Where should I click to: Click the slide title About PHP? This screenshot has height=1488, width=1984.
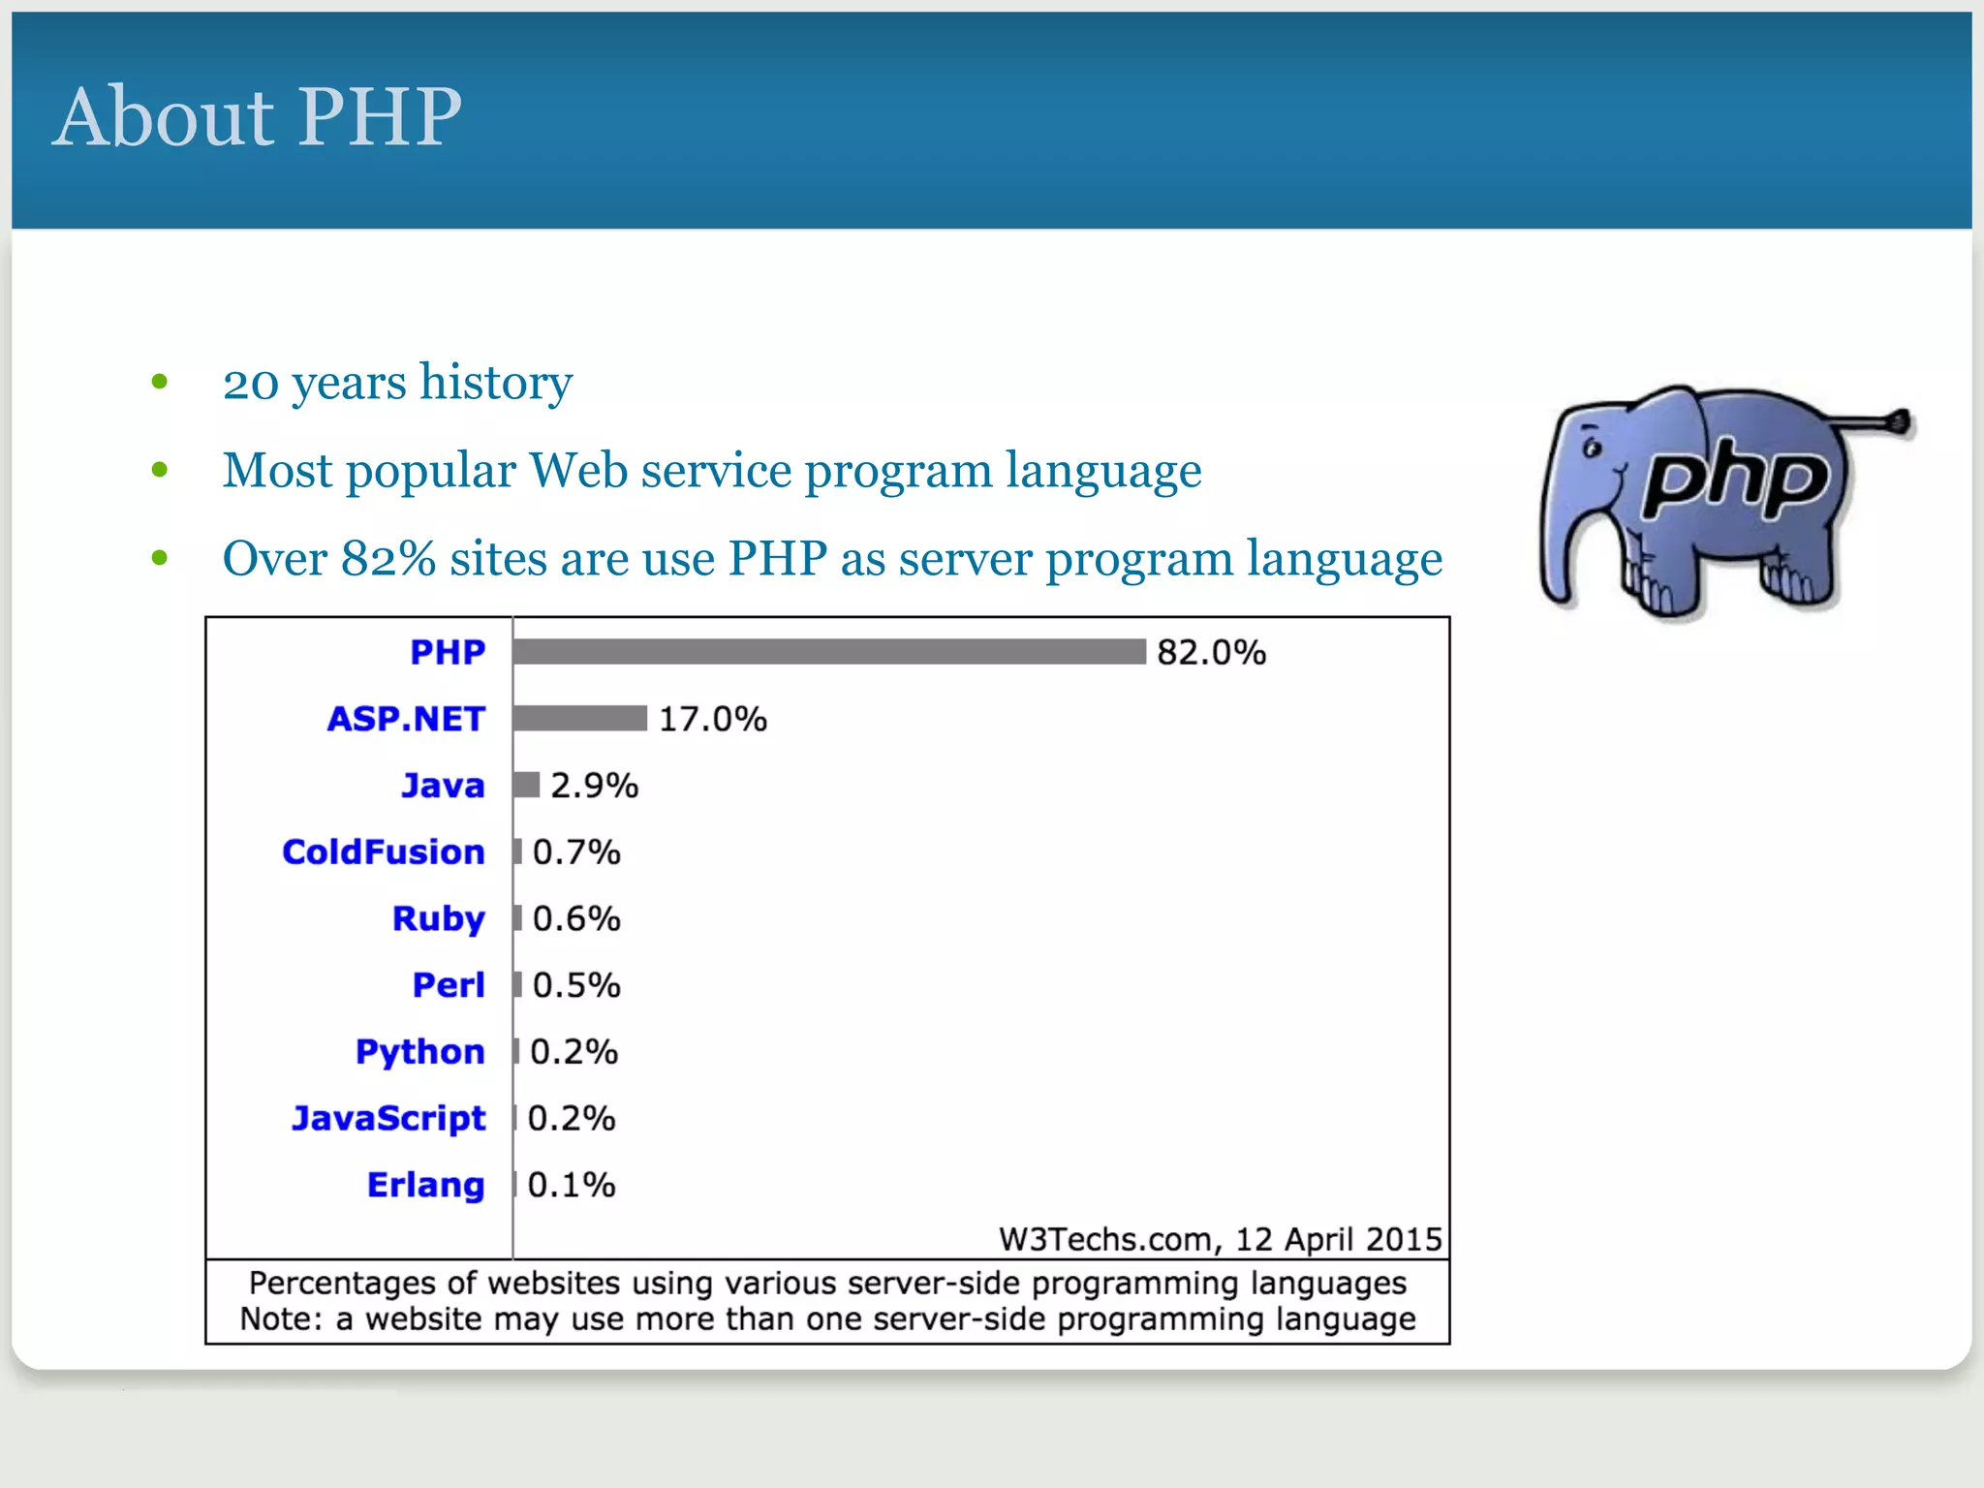[x=258, y=116]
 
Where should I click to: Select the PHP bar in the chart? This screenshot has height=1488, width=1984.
[x=829, y=652]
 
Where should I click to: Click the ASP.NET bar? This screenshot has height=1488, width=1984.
[x=579, y=718]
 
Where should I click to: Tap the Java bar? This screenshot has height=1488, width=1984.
[x=526, y=785]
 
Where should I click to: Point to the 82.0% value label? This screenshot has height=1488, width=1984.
[x=1211, y=653]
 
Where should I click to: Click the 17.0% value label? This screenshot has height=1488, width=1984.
[x=712, y=719]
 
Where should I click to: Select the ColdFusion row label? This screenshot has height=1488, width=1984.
[x=384, y=852]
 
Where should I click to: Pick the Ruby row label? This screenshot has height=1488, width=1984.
[x=438, y=918]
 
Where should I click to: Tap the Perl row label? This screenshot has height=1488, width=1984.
[x=449, y=985]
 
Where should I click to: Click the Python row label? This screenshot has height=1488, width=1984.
[x=419, y=1052]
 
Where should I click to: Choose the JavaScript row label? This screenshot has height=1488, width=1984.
[x=388, y=1118]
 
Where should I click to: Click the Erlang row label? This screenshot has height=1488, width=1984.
[x=425, y=1185]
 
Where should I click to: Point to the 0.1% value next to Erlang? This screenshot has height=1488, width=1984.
[x=571, y=1185]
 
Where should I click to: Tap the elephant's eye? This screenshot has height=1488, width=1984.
[x=1592, y=449]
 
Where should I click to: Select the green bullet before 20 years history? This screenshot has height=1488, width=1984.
[x=160, y=382]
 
